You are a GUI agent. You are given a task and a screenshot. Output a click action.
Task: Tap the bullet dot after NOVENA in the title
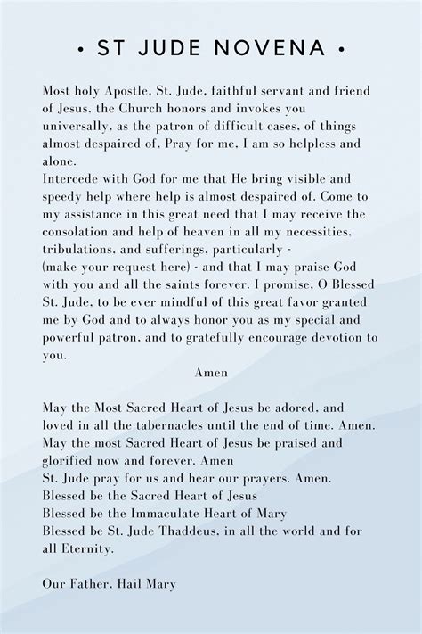click(x=341, y=48)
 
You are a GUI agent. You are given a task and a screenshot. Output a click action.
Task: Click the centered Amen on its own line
click(x=211, y=372)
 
